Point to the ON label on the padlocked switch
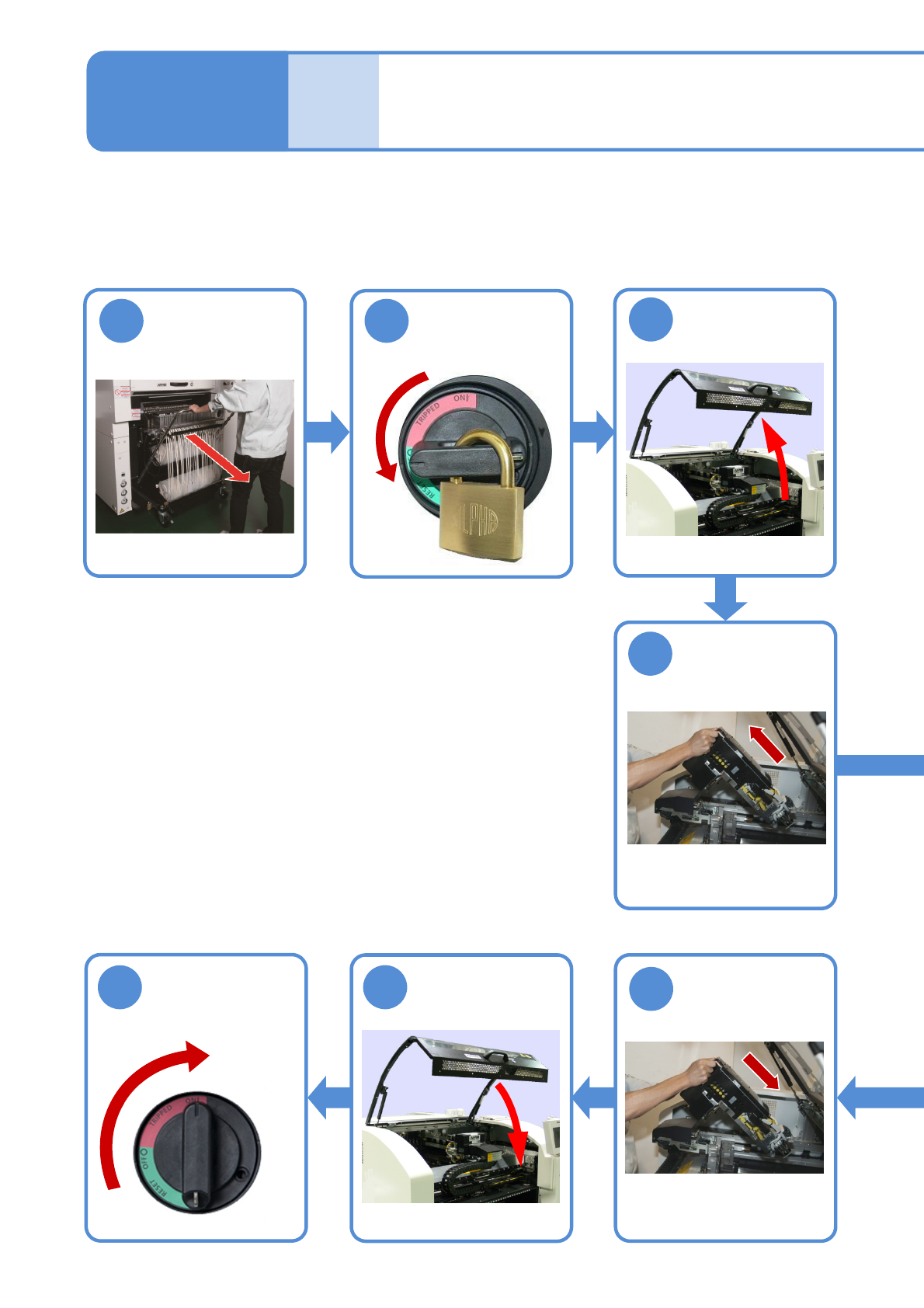tap(461, 399)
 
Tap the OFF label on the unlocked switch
tap(143, 1159)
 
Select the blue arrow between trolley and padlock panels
tap(327, 432)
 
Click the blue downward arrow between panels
tap(725, 598)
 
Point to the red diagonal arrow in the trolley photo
tap(217, 458)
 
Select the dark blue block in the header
tap(187, 101)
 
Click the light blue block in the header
tap(333, 101)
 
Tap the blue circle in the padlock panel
tap(387, 321)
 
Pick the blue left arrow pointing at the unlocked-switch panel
tap(329, 1098)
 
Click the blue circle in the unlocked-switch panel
tap(120, 987)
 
